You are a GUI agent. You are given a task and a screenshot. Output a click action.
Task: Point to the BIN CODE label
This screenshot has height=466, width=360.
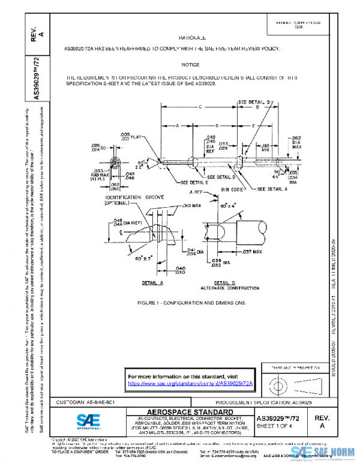[232, 189]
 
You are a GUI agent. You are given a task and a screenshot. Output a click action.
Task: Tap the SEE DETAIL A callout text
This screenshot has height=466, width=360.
[273, 189]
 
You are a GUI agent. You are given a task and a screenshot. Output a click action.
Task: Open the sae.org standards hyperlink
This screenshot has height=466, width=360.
[191, 383]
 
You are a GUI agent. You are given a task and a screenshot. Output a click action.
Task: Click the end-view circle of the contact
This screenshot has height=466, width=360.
[114, 164]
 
